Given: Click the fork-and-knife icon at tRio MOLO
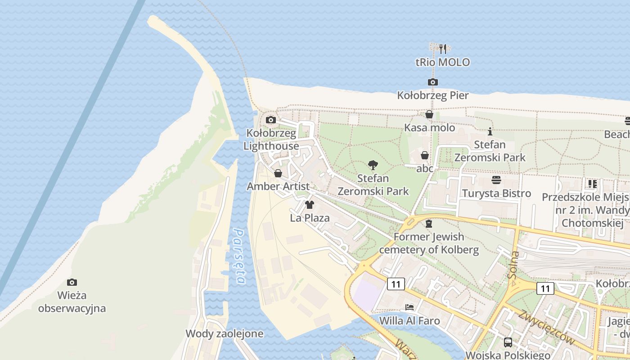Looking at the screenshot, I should click(443, 49).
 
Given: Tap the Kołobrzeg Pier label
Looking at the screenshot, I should click(433, 95).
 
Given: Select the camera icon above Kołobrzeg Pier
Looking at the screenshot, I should click(433, 82).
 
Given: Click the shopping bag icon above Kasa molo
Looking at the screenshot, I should click(429, 115).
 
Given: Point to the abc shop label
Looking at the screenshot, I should click(425, 169).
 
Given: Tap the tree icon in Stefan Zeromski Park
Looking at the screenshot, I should click(373, 165).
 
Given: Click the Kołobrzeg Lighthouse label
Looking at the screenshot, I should click(271, 139).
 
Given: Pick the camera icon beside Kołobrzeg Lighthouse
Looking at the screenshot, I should click(271, 120).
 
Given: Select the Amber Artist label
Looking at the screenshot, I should click(278, 186).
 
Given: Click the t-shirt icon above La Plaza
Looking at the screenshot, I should click(310, 205).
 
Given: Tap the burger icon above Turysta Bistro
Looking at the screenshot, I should click(496, 180).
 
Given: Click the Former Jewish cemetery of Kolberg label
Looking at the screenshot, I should click(429, 243).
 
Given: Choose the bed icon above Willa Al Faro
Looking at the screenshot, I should click(409, 308).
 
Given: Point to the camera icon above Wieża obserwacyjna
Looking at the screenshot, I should click(72, 283).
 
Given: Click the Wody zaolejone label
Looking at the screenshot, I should click(225, 334).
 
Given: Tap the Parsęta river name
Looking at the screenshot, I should click(238, 256).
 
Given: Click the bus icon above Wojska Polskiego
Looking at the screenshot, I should click(508, 342).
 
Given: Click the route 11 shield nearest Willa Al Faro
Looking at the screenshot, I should click(396, 284).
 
